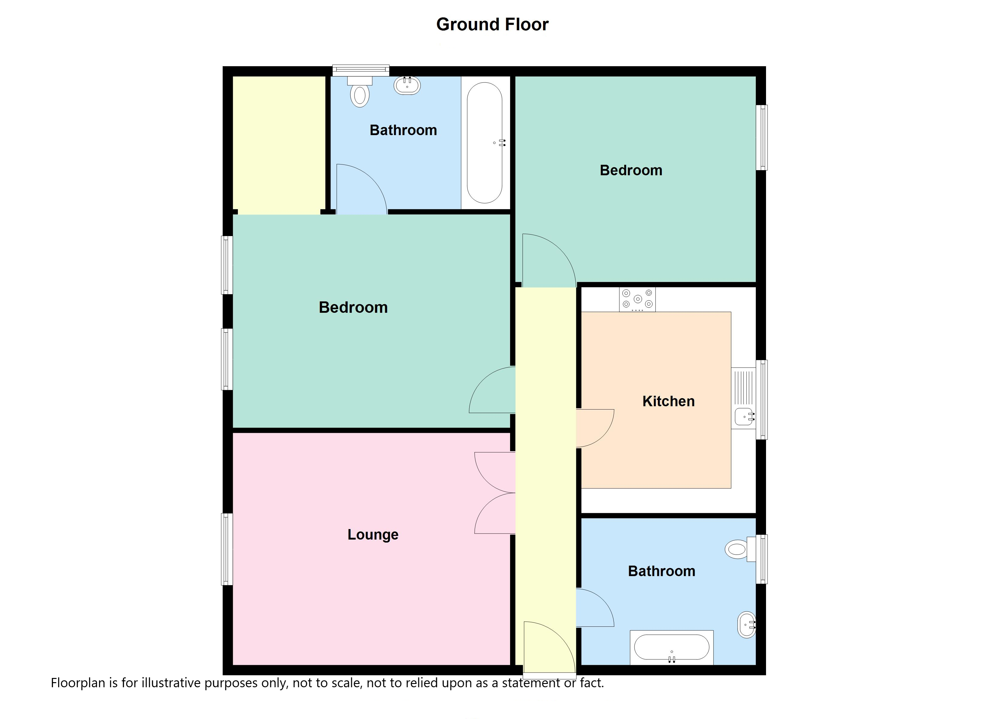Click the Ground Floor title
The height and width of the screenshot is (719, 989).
[492, 25]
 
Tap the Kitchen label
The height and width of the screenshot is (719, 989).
[669, 401]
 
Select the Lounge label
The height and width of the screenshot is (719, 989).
[373, 534]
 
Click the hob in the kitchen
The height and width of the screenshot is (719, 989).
[637, 300]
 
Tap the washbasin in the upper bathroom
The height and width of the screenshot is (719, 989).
[407, 85]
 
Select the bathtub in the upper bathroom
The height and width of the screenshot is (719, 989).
[485, 143]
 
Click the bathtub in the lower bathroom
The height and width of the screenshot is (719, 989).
[672, 647]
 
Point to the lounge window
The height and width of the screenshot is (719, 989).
[227, 549]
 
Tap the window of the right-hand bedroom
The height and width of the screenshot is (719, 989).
[762, 137]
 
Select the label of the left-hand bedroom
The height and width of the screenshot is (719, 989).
[353, 307]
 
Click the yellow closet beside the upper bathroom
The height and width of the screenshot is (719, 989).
[279, 145]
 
